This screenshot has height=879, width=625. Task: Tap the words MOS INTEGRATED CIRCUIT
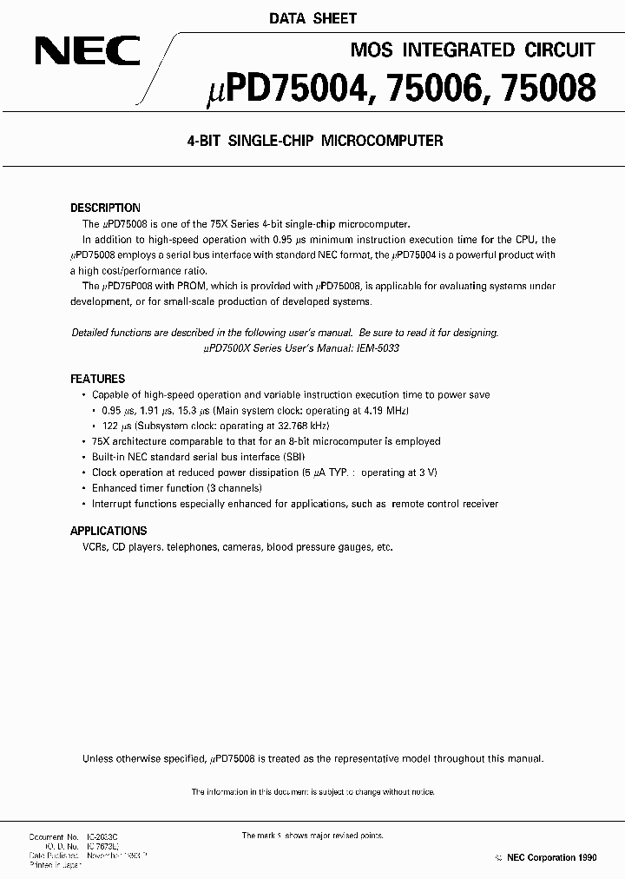[471, 50]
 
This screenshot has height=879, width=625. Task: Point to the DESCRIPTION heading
[105, 208]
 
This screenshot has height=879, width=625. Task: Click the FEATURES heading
[97, 380]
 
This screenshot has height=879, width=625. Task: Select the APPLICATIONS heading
[109, 531]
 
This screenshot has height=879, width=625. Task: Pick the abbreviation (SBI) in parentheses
[292, 457]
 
